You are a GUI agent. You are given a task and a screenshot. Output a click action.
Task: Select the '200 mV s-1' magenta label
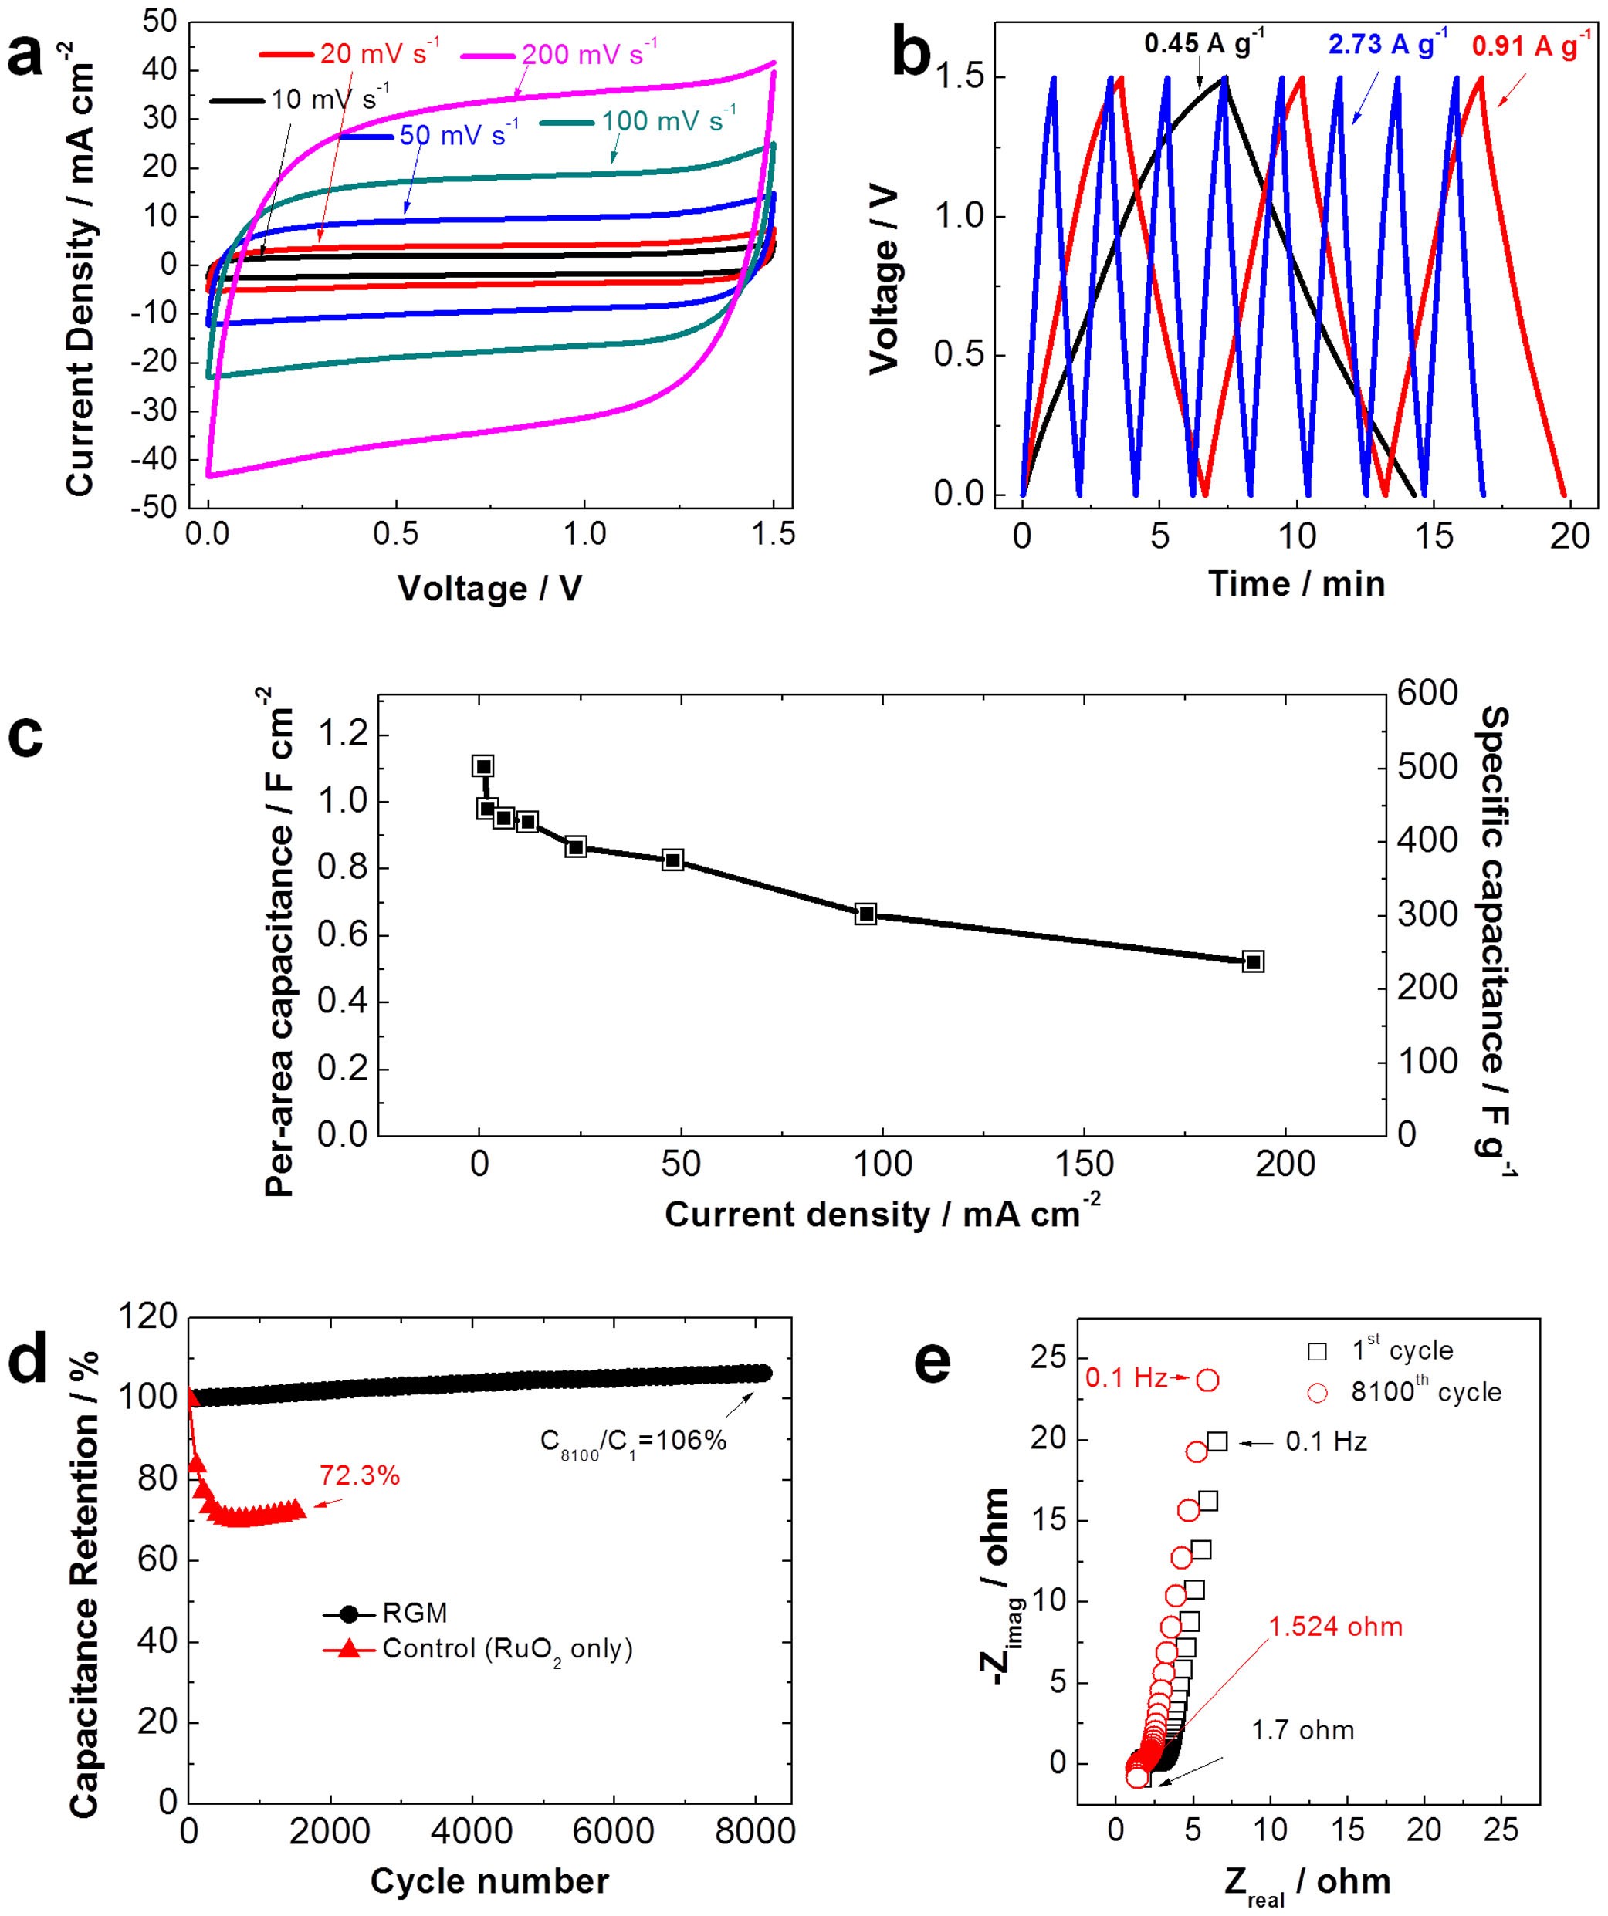(589, 53)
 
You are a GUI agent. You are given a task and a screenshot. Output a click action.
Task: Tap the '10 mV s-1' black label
(330, 99)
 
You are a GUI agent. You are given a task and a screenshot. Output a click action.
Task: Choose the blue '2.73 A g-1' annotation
(1387, 44)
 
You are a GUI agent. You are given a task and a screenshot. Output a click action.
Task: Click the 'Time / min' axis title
(1297, 584)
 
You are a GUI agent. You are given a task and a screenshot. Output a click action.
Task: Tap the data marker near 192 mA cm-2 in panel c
(1253, 961)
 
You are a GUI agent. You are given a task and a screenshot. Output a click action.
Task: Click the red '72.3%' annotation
(360, 1475)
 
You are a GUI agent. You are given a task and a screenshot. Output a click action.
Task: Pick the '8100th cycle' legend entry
(1427, 1392)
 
